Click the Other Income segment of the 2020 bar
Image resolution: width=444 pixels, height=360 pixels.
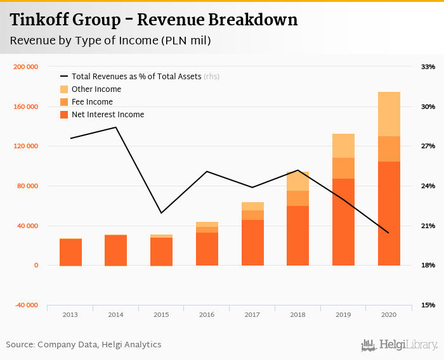pos(389,114)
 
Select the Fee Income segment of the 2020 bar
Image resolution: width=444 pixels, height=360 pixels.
pos(389,149)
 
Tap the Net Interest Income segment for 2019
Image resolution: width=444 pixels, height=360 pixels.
pos(343,222)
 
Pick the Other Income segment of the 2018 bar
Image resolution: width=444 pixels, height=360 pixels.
pos(297,181)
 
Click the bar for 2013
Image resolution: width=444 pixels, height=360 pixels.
pos(70,252)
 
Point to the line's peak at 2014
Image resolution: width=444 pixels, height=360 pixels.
pos(115,127)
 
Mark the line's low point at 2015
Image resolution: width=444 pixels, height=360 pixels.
pos(161,213)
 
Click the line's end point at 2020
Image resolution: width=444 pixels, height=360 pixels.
pos(388,233)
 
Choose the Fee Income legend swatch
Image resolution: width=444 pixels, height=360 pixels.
pos(64,102)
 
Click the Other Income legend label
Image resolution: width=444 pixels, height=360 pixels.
pos(96,89)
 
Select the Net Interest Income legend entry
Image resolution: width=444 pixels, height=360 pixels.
pos(108,115)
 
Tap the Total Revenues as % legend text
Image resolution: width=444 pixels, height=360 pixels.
pos(136,77)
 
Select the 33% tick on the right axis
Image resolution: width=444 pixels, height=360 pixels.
pos(428,67)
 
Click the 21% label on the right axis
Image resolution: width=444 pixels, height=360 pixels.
pos(428,226)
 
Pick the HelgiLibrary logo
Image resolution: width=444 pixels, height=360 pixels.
pos(400,345)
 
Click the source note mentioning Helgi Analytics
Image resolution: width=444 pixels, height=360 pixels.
pos(84,345)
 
